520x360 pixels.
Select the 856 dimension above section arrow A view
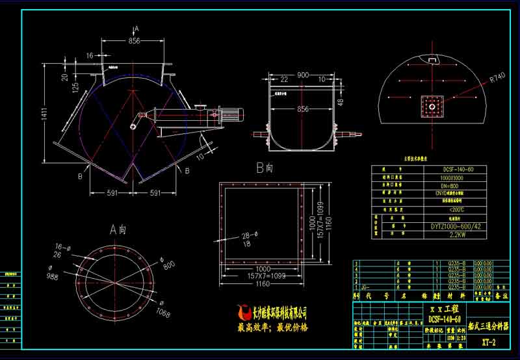pos(134,41)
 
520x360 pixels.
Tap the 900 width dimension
pos(303,75)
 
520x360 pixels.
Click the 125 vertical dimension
pos(76,87)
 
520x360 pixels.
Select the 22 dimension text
pos(283,79)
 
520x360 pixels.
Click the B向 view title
pos(264,168)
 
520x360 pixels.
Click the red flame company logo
pos(244,313)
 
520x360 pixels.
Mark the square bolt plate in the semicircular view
pos(430,105)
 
